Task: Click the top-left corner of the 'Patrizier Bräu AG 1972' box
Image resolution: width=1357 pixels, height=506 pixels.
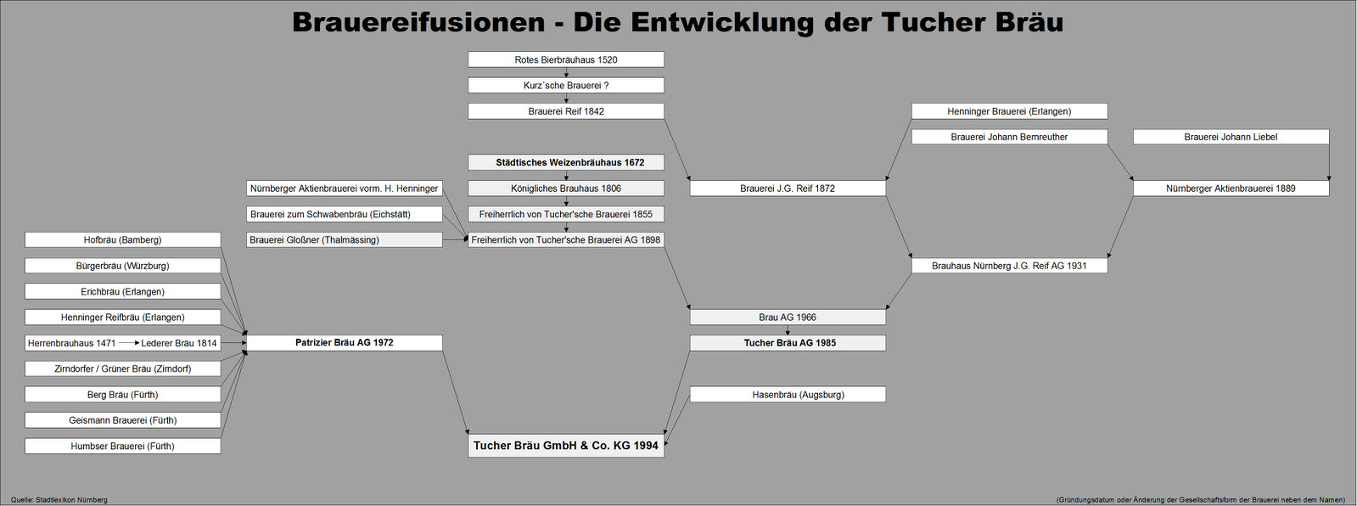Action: [247, 335]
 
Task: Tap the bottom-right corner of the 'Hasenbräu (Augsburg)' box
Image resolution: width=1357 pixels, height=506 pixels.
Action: [886, 402]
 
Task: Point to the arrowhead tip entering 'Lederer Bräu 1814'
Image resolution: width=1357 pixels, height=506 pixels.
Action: [141, 343]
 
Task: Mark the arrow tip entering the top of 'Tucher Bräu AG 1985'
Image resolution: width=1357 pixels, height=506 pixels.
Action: [788, 335]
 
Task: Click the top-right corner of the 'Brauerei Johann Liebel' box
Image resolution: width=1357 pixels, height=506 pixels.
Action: [1329, 129]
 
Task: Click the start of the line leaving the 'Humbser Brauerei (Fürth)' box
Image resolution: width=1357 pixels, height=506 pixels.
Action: [221, 438]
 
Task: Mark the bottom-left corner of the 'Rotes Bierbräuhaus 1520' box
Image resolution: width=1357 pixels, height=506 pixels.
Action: [468, 67]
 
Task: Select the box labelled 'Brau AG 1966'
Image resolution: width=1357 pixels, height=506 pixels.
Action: [788, 317]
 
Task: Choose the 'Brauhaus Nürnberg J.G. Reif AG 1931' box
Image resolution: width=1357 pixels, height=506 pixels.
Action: [1009, 266]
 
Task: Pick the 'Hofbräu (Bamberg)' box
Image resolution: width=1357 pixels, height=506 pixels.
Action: [122, 240]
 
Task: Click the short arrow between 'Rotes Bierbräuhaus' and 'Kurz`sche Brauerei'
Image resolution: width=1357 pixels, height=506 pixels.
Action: [566, 72]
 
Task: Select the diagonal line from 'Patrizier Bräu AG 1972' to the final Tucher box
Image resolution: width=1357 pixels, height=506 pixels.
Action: [456, 392]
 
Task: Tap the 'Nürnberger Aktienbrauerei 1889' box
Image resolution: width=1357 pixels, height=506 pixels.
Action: [1231, 188]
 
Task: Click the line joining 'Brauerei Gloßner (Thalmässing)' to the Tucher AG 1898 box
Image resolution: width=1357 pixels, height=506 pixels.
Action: [456, 240]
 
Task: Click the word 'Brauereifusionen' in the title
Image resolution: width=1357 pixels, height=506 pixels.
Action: [418, 23]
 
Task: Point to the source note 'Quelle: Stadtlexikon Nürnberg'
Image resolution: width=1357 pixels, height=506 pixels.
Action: [59, 500]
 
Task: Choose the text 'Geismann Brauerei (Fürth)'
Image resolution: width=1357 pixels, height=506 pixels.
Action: [123, 420]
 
